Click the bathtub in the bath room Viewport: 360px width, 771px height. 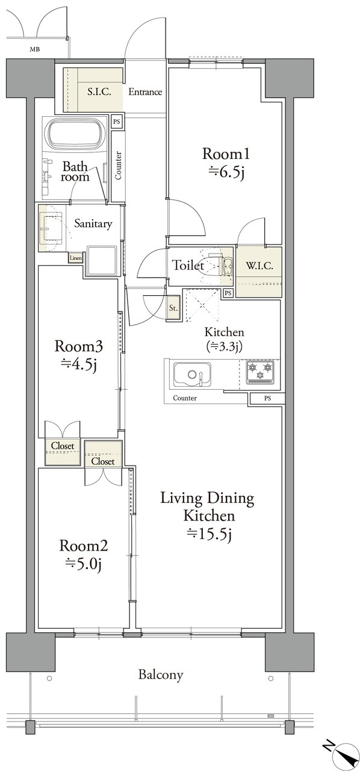click(x=75, y=134)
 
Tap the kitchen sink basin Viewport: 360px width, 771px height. click(x=192, y=374)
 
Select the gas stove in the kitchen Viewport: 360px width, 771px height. click(x=260, y=372)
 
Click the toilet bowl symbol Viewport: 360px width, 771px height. click(x=213, y=266)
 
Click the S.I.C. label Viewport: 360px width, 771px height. click(x=99, y=92)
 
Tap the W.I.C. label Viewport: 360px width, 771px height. click(x=259, y=266)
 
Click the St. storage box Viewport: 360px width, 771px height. click(x=173, y=308)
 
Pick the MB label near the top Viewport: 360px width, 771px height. click(x=34, y=49)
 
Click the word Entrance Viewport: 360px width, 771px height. click(x=145, y=92)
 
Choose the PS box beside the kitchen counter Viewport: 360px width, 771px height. click(x=267, y=398)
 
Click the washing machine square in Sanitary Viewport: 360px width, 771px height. click(x=101, y=261)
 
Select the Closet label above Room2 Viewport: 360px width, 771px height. click(x=103, y=461)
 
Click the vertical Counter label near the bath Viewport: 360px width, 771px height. click(x=118, y=166)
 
